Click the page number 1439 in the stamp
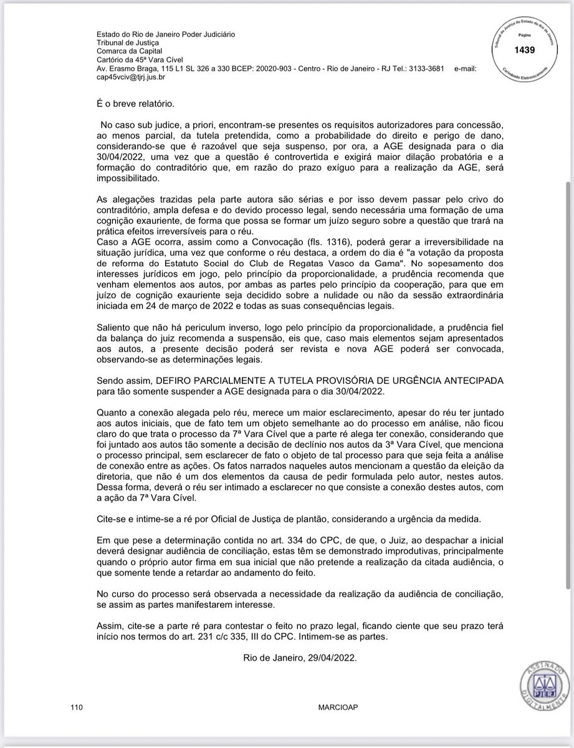point(524,50)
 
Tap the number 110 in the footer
point(77,707)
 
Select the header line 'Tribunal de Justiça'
point(127,42)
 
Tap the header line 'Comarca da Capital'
point(129,50)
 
